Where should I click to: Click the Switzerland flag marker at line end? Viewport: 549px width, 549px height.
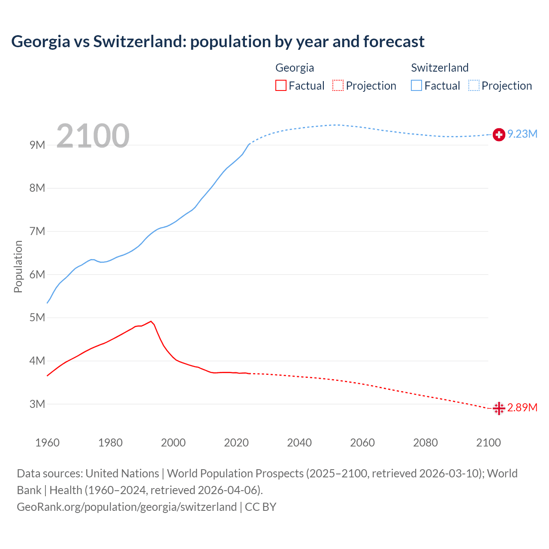point(498,135)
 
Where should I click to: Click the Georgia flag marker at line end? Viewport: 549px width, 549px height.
point(498,408)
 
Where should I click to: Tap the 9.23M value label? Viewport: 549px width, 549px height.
point(522,134)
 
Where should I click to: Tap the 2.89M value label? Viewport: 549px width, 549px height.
point(522,407)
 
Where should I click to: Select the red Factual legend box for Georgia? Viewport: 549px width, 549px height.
point(281,86)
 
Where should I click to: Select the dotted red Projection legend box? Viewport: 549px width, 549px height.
point(338,86)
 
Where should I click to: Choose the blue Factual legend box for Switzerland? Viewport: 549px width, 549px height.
point(416,86)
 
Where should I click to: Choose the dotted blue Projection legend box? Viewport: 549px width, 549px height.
point(474,86)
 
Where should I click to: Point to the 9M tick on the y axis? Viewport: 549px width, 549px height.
point(37,145)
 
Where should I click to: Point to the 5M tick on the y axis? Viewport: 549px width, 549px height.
point(37,318)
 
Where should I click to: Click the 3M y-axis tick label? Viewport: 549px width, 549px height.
point(37,404)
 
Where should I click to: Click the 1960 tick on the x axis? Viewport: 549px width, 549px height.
point(47,443)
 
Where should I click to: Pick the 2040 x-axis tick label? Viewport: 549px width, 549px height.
point(299,443)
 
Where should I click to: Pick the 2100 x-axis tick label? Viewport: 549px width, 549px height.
point(488,443)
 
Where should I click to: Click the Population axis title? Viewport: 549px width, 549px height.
point(18,266)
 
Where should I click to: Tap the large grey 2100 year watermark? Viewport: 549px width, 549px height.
point(93,136)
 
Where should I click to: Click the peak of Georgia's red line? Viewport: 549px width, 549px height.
point(151,321)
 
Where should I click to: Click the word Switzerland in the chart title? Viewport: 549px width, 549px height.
point(139,42)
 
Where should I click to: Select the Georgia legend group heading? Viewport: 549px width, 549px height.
point(295,68)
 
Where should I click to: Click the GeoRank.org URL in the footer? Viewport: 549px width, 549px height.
point(127,507)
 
